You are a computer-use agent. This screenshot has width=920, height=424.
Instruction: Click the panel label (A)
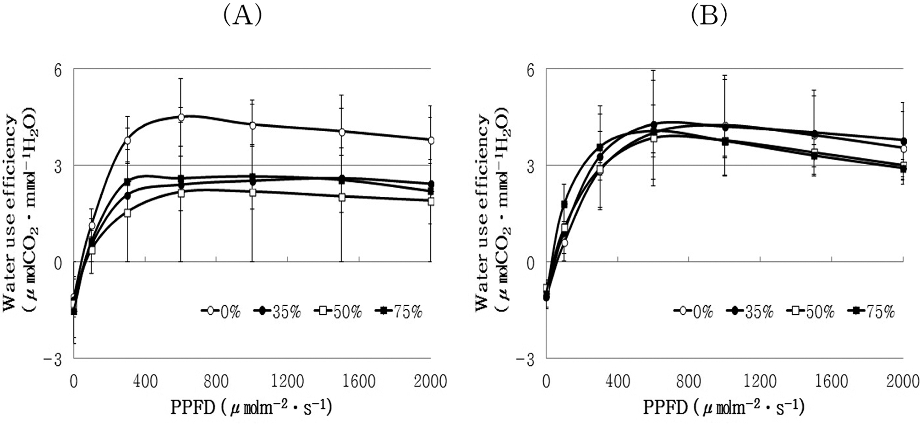point(242,16)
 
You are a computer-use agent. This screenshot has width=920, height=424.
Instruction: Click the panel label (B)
point(708,16)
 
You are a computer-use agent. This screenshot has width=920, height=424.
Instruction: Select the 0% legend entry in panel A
point(222,312)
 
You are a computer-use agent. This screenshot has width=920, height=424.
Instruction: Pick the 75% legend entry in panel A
point(399,312)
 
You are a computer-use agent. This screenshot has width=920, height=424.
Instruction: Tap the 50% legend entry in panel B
point(810,312)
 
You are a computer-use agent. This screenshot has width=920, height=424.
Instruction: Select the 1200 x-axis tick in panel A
point(287,381)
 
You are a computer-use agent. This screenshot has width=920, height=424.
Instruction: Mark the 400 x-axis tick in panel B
point(617,381)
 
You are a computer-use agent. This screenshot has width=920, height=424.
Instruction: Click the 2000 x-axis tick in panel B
point(902,381)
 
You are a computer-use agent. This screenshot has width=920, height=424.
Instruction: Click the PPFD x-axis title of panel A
point(251,407)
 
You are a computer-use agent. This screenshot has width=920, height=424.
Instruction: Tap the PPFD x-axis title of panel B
point(723,407)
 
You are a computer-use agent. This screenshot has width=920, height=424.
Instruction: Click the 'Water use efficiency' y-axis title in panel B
point(482,212)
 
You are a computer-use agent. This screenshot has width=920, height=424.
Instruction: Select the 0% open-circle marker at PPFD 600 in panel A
point(181,117)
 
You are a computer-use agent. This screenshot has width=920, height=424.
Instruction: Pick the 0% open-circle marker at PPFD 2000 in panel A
point(431,140)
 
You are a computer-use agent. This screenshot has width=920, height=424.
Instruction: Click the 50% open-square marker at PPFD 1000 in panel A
point(252,192)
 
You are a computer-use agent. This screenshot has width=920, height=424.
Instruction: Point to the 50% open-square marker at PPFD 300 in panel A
point(127,213)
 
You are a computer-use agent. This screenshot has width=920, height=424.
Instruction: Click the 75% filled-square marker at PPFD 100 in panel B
point(564,204)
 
